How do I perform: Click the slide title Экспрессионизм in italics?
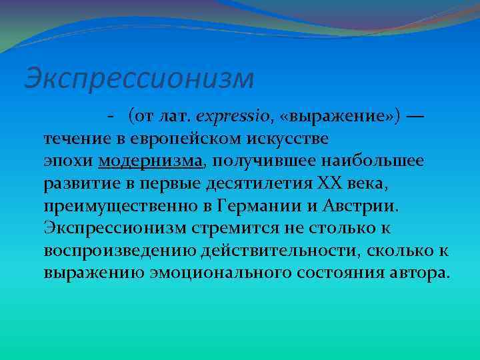[x=139, y=78]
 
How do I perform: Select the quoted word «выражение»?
[x=331, y=117]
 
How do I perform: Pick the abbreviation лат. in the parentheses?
[x=175, y=117]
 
